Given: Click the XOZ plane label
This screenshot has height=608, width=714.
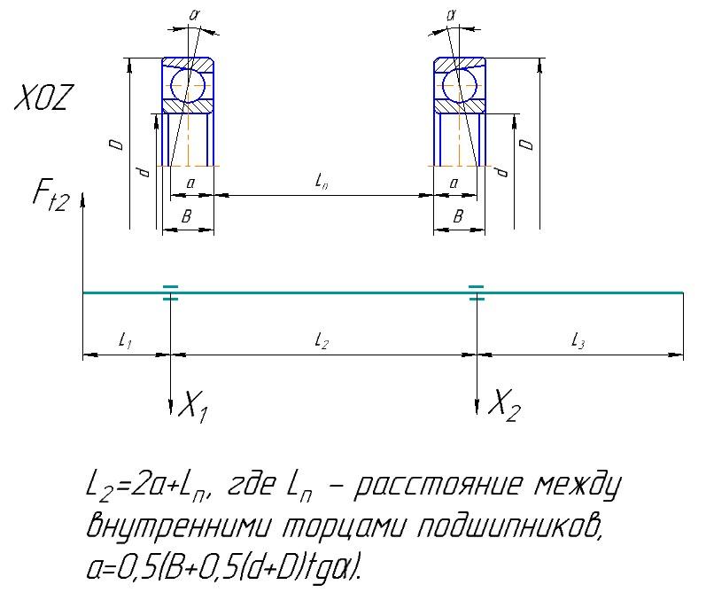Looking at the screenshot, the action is click(x=43, y=97).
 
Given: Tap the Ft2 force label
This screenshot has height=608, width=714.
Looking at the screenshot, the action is click(x=51, y=196).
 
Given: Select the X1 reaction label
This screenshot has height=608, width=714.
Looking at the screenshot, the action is click(x=193, y=406).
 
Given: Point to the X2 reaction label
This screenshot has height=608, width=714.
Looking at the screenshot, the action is click(x=504, y=405).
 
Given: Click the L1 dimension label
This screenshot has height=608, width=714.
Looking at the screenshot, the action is click(x=125, y=340).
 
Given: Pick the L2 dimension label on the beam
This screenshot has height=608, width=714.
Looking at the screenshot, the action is click(x=322, y=340).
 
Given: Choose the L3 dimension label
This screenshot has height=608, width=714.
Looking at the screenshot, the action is click(x=578, y=340).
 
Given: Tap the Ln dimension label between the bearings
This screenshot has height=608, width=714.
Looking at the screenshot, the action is click(x=322, y=182).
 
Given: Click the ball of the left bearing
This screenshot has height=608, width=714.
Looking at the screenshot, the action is click(x=188, y=85).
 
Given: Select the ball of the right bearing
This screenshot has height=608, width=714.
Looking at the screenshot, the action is click(x=460, y=85).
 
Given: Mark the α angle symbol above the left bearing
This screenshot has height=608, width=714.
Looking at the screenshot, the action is click(x=194, y=15).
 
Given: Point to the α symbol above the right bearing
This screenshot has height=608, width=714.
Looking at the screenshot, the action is click(x=451, y=15).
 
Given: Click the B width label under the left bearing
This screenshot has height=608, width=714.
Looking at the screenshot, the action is click(x=186, y=216).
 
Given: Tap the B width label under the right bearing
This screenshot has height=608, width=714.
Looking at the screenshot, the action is click(x=458, y=216).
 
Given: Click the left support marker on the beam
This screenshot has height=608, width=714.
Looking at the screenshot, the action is click(x=170, y=292).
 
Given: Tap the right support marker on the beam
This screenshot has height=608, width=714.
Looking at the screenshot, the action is click(x=477, y=292).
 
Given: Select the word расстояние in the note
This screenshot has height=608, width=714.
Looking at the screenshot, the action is click(x=438, y=485).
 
